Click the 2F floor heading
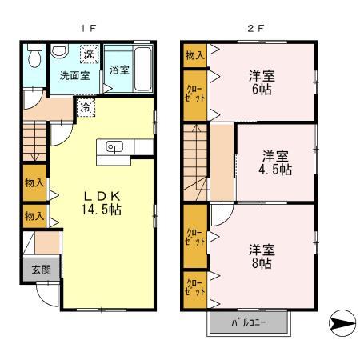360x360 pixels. pos(255,27)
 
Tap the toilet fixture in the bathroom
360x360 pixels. pos(33,58)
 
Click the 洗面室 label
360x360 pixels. pos(75,76)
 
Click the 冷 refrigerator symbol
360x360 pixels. pos(85,104)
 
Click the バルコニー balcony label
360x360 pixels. pos(249,322)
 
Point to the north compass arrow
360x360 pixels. pos(339,322)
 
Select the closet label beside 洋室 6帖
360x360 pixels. pos(194,91)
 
